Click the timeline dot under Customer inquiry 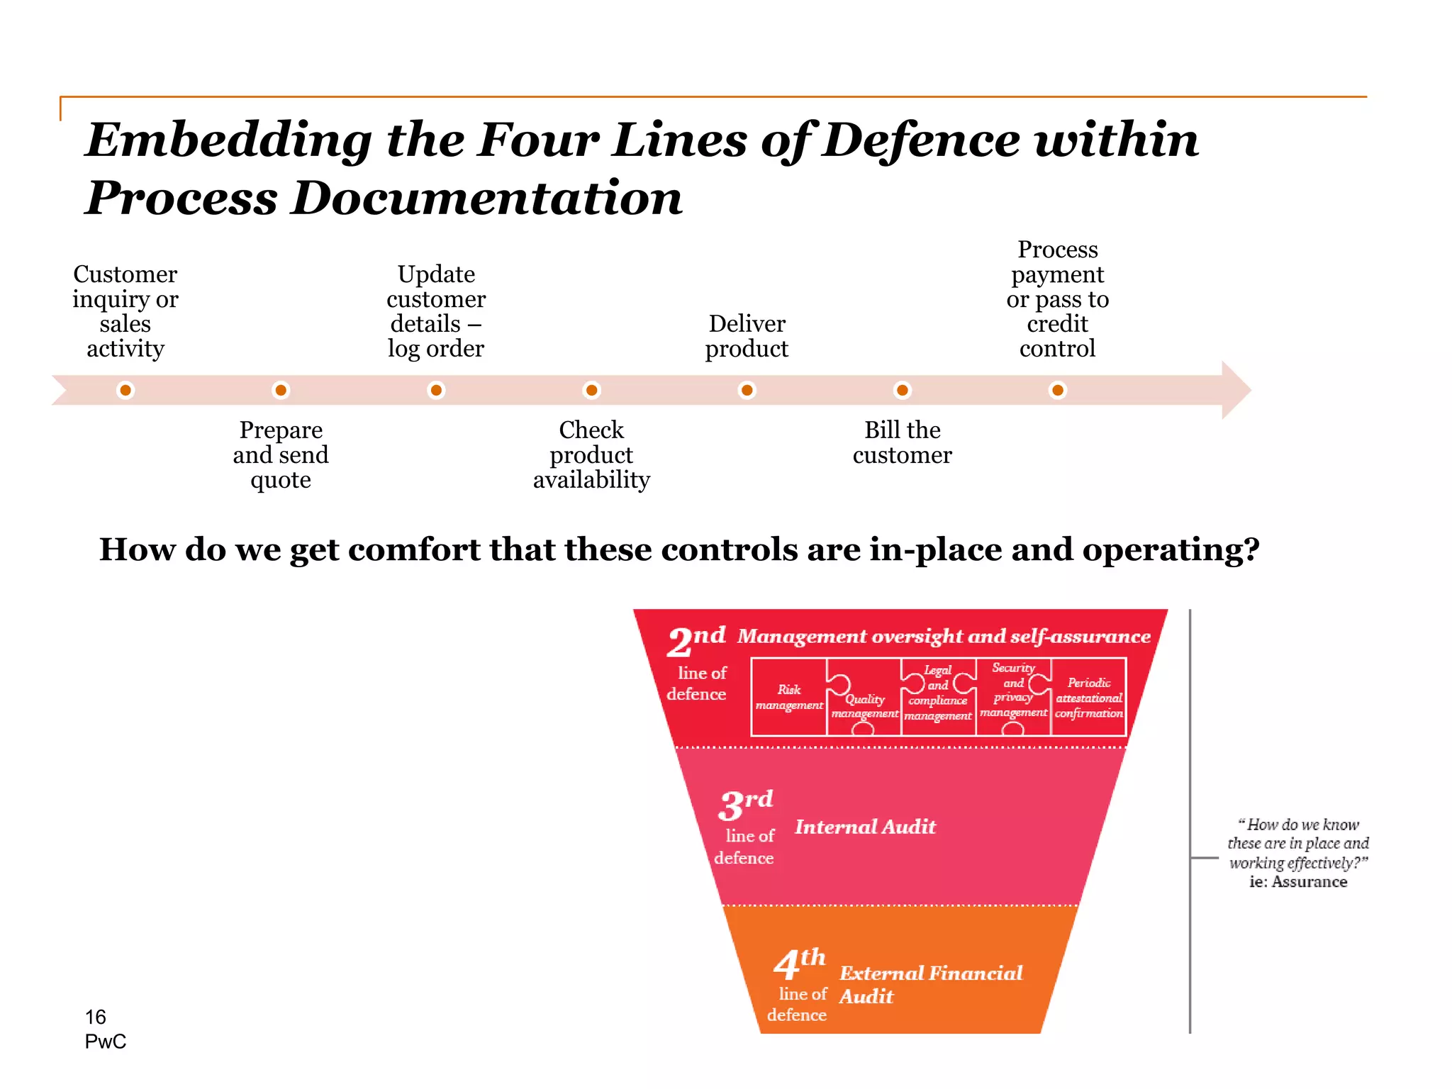(x=125, y=390)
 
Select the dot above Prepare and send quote (x=281, y=390)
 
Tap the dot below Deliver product (x=747, y=390)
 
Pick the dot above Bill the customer (x=902, y=390)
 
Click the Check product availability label (x=591, y=454)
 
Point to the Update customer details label (x=436, y=311)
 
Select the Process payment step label (x=1057, y=298)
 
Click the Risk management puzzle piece (x=788, y=697)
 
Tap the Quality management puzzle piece (x=864, y=705)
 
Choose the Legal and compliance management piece (x=937, y=693)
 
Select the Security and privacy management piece (x=1013, y=691)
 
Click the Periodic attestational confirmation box (x=1088, y=698)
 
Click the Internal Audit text (x=865, y=827)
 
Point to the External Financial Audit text (x=930, y=983)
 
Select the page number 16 (x=95, y=1017)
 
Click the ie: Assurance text (x=1297, y=882)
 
